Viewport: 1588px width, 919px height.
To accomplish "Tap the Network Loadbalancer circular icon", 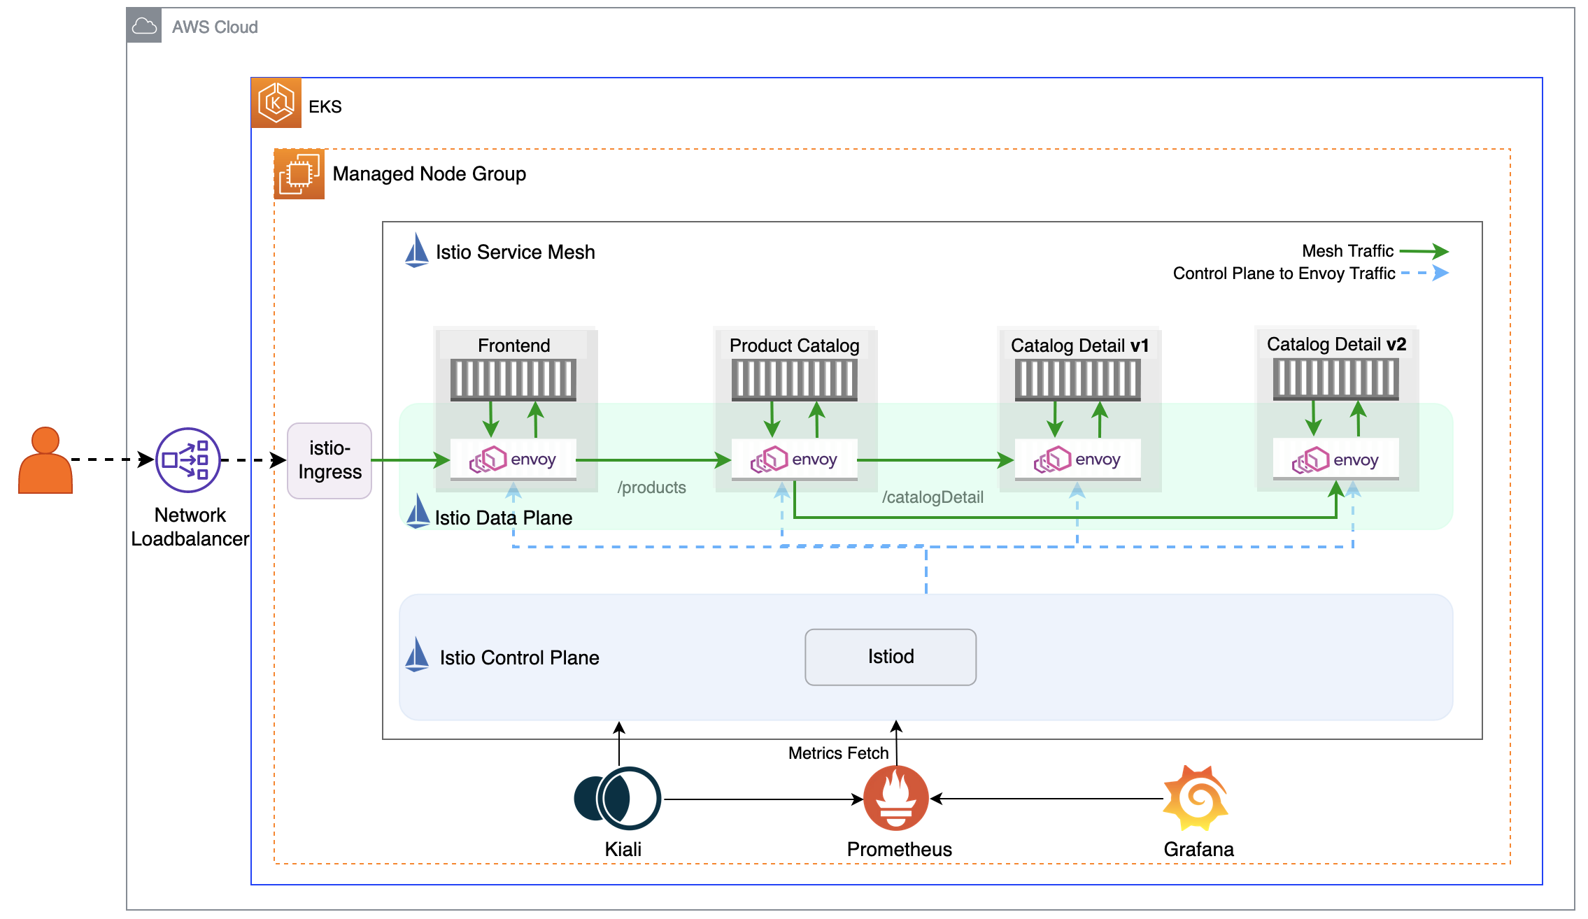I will [187, 460].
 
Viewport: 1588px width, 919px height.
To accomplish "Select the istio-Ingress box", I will [329, 460].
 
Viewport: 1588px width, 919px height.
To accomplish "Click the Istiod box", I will [890, 657].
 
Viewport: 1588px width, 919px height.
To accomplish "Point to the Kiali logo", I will [617, 798].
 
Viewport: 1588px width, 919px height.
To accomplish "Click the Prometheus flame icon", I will [895, 798].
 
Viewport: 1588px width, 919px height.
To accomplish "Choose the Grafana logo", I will [1196, 798].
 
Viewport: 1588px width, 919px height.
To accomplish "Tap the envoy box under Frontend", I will [513, 460].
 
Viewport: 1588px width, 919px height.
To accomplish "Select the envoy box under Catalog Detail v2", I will [1335, 460].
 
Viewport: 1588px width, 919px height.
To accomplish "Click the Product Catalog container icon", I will [794, 380].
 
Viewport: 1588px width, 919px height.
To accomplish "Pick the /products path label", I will [651, 487].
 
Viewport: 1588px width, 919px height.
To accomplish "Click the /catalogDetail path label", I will [933, 497].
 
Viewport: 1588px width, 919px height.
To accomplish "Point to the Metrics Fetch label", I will [838, 753].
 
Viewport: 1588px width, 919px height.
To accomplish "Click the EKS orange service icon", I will [276, 103].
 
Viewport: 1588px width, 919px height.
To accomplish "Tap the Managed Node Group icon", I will [299, 174].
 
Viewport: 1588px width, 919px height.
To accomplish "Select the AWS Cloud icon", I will [144, 27].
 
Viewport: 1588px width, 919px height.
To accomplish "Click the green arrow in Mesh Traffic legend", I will [1424, 251].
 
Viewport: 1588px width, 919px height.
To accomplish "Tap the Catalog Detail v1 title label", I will [1079, 345].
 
